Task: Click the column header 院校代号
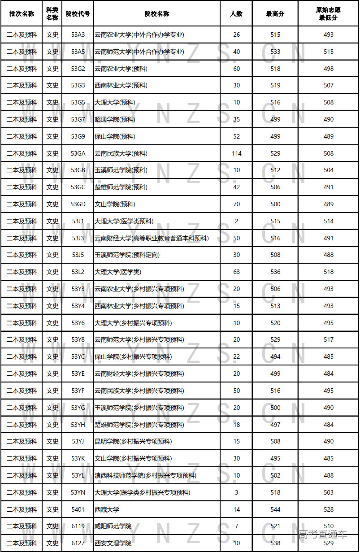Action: pos(78,14)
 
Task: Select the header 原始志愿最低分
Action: pos(328,14)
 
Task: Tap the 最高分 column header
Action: pos(275,14)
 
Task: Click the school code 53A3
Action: pos(78,35)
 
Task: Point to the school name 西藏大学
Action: pos(107,509)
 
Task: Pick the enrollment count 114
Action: pos(237,153)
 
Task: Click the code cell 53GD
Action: pos(78,204)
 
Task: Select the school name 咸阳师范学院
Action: pos(113,526)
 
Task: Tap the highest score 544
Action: pos(275,509)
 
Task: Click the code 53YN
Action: pos(78,492)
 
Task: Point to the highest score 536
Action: pos(275,272)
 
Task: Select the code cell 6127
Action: pos(78,543)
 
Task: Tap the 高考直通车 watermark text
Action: pos(323,534)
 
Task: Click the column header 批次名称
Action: pos(22,14)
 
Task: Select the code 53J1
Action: pos(78,221)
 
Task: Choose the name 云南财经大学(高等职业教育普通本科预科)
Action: pos(152,238)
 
